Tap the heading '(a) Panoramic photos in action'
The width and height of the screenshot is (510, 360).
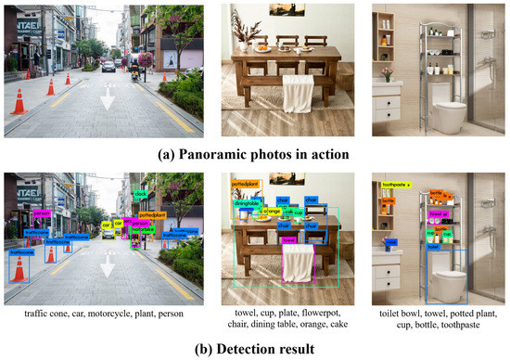[x=255, y=153]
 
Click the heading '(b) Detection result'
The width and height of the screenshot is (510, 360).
[x=255, y=348]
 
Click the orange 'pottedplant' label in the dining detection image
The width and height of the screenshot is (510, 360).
[x=244, y=184]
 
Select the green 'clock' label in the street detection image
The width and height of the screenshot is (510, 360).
[x=142, y=194]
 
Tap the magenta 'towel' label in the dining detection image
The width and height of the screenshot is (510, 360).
[x=288, y=239]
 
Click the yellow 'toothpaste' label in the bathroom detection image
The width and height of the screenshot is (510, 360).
[x=395, y=186]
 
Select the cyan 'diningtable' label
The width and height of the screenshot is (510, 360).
[x=246, y=203]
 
